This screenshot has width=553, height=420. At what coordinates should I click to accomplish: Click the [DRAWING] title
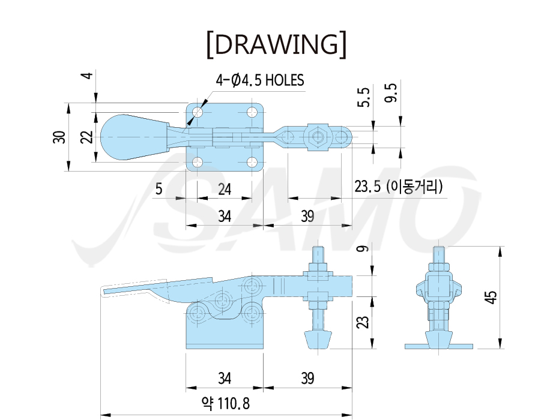(276, 45)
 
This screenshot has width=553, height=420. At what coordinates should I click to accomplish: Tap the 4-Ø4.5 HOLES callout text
(260, 80)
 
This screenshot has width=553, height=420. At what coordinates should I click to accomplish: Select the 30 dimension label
(59, 137)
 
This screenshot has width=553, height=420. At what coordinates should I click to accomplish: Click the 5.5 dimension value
(364, 97)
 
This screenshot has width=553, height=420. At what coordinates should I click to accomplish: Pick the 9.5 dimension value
(391, 93)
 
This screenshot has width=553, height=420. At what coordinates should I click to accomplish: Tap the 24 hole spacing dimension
(225, 190)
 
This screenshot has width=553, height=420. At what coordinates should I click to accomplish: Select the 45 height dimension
(491, 297)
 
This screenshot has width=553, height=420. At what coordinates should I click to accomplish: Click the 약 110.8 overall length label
(226, 403)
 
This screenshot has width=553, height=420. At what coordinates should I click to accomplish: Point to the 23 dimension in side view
(363, 322)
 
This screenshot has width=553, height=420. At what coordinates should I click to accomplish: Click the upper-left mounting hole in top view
(198, 113)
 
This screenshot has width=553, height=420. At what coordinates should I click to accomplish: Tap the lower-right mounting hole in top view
(252, 163)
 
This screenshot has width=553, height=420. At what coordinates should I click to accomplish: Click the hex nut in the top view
(318, 137)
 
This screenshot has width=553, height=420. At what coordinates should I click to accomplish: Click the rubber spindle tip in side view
(318, 340)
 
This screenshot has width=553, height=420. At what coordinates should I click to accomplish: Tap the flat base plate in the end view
(439, 346)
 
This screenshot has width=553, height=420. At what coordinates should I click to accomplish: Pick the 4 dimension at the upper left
(88, 75)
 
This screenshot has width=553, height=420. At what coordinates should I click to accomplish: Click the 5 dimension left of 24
(159, 189)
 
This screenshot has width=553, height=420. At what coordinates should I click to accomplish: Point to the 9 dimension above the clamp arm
(363, 248)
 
